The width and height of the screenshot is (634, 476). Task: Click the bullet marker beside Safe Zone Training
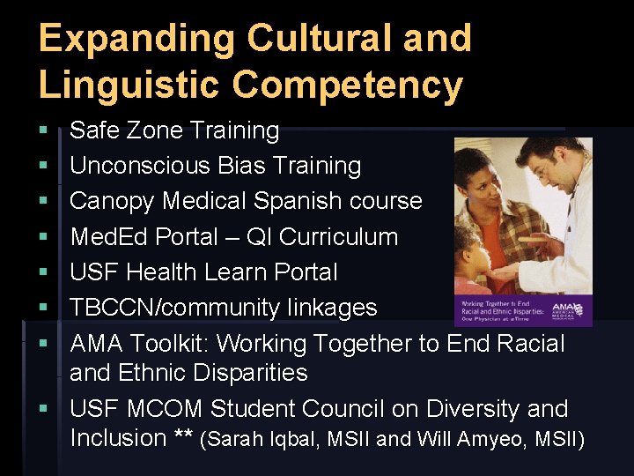tap(43, 131)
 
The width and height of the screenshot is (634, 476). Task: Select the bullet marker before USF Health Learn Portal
tap(43, 273)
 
